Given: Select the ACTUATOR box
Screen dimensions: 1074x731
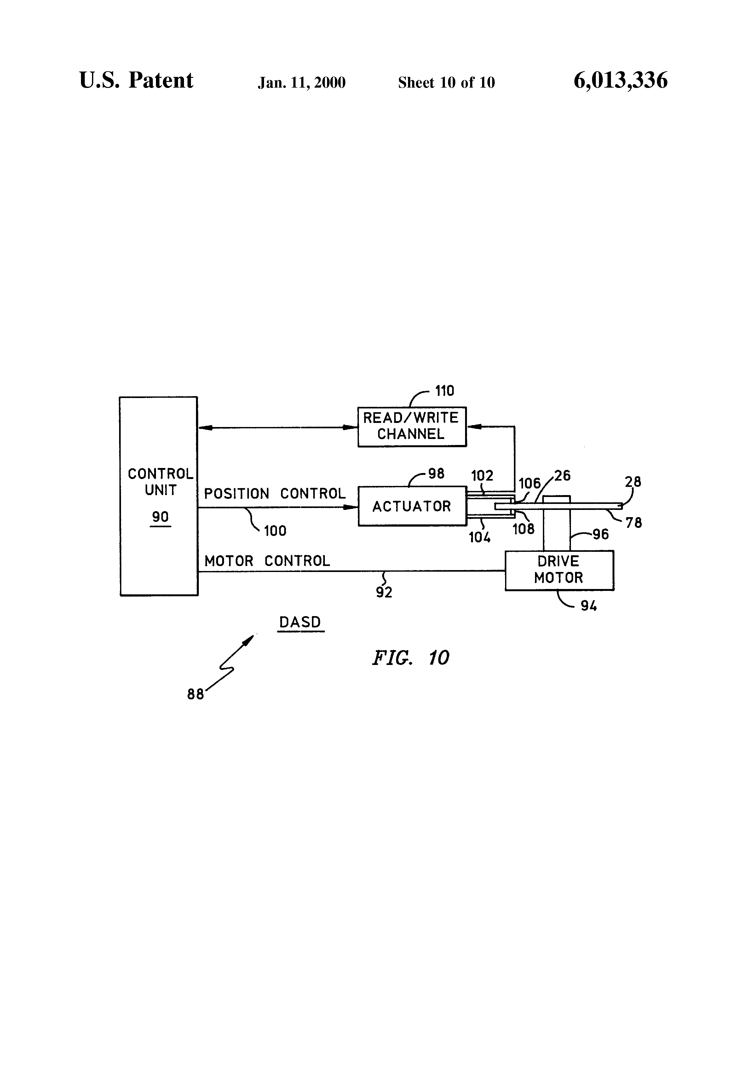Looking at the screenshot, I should (412, 506).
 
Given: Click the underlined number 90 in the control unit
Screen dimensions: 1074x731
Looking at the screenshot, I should (160, 517).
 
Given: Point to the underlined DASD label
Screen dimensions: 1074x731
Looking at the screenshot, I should (300, 622).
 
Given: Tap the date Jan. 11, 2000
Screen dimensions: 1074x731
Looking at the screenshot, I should (302, 83).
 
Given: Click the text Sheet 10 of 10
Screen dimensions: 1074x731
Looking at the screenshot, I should (446, 83).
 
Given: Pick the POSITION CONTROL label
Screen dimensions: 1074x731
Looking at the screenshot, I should (274, 494).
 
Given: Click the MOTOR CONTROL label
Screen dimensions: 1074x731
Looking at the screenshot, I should (267, 561).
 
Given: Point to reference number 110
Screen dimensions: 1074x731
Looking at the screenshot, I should (445, 391).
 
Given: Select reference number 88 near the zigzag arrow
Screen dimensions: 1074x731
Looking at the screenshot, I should (195, 694).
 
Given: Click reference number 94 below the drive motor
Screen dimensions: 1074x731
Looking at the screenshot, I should (588, 606).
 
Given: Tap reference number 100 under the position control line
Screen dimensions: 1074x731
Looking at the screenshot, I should (275, 530).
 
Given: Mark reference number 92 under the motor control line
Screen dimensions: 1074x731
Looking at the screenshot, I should (384, 592).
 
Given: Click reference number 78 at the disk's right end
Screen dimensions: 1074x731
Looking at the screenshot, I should (634, 523).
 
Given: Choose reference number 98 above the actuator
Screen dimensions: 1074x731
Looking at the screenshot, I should (436, 474).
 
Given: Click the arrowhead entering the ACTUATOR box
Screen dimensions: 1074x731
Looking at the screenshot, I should (351, 507).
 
